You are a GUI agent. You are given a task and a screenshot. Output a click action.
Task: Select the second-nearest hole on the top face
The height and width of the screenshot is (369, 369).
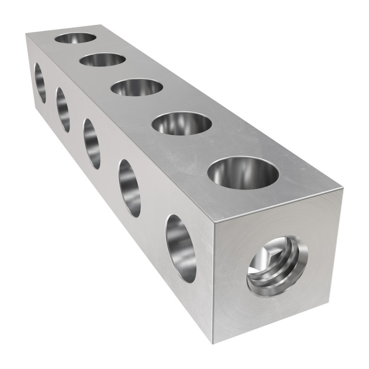pyautogui.click(x=182, y=124)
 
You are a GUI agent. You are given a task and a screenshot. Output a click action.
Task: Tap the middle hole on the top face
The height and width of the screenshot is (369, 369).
pyautogui.click(x=137, y=87)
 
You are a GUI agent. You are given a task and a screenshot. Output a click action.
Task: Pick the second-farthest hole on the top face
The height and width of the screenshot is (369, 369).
pyautogui.click(x=103, y=59)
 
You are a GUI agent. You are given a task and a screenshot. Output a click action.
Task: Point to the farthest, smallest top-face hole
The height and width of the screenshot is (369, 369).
pyautogui.click(x=75, y=37)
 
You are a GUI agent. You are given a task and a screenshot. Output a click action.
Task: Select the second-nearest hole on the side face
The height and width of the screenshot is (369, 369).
pyautogui.click(x=130, y=188)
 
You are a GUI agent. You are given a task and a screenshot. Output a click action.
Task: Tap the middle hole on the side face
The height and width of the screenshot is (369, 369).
pyautogui.click(x=92, y=144)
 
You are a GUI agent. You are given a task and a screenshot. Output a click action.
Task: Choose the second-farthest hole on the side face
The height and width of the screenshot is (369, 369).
pyautogui.click(x=63, y=110)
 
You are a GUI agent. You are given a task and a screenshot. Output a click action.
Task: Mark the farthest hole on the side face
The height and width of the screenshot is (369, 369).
pyautogui.click(x=40, y=83)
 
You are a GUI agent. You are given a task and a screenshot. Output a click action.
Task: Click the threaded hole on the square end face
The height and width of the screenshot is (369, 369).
pyautogui.click(x=277, y=266)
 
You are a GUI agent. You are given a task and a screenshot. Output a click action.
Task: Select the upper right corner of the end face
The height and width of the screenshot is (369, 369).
pyautogui.click(x=342, y=188)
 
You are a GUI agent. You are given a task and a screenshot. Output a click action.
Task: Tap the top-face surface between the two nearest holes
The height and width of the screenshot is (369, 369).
pyautogui.click(x=212, y=148)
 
